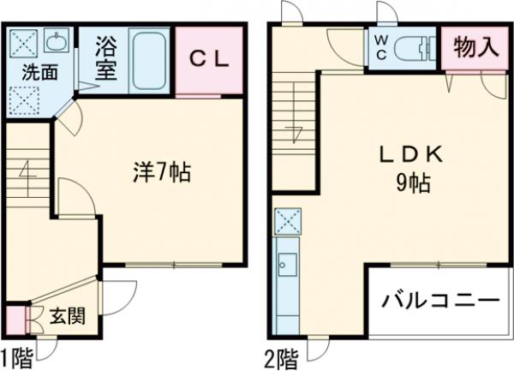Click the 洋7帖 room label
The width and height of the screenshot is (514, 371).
pyautogui.click(x=161, y=172)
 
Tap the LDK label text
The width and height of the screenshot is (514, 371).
pyautogui.click(x=410, y=154)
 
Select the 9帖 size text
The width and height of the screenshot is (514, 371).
pyautogui.click(x=412, y=182)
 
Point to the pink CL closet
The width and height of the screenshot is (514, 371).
pyautogui.click(x=209, y=60)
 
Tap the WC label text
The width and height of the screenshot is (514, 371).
pyautogui.click(x=378, y=48)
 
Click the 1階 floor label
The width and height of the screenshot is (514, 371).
pyautogui.click(x=18, y=356)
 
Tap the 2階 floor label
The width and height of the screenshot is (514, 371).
pyautogui.click(x=281, y=356)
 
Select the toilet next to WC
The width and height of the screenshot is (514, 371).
pyautogui.click(x=415, y=48)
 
